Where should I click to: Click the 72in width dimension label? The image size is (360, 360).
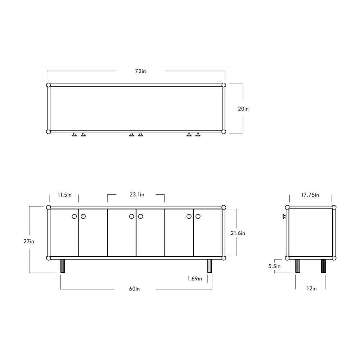click(x=140, y=71)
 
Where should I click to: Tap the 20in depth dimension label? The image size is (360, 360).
click(x=243, y=109)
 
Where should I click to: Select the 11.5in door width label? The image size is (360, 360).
click(x=64, y=195)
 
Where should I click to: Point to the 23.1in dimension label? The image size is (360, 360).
click(x=137, y=195)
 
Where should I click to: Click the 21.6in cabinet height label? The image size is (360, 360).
click(x=238, y=233)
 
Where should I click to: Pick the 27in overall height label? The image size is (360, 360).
click(x=29, y=241)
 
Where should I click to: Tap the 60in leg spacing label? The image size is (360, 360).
click(x=134, y=289)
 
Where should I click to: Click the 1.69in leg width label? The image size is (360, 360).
click(x=195, y=279)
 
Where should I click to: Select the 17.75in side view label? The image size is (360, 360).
click(x=310, y=195)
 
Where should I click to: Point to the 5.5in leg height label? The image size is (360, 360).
click(x=274, y=266)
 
